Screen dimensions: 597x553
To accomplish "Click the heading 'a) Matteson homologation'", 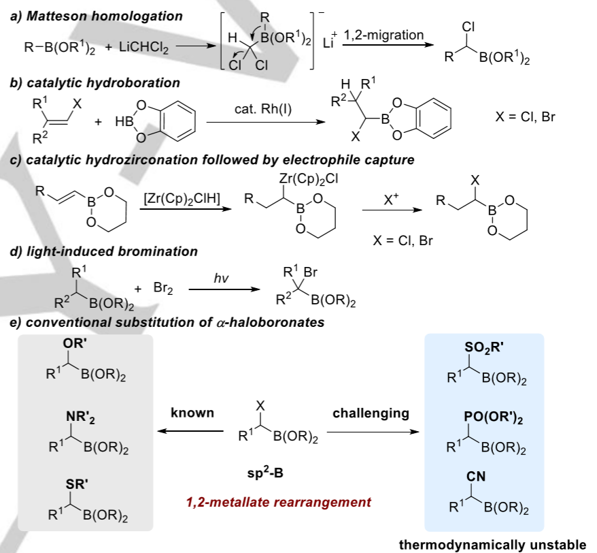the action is (97, 16).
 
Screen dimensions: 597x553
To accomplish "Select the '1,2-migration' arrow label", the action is (383, 35).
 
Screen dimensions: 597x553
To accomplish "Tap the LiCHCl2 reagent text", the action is (143, 47).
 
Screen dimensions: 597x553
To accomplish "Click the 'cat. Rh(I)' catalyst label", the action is (263, 109).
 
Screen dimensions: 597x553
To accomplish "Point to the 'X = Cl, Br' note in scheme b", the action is (525, 116).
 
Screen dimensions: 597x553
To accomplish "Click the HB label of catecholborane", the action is (124, 122).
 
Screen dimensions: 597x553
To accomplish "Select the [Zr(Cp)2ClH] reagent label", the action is (182, 199).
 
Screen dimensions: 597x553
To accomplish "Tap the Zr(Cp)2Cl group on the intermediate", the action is (309, 178).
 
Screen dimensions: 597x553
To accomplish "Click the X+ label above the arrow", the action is (391, 199).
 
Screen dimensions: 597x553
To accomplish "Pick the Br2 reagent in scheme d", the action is (163, 288).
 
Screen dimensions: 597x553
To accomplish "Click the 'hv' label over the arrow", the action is (221, 278).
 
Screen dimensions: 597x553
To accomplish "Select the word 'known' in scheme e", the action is (192, 412).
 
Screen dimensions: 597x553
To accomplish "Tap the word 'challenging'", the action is (371, 413).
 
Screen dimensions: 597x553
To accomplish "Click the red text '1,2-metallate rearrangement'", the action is (278, 502).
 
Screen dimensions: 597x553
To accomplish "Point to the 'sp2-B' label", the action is (265, 473).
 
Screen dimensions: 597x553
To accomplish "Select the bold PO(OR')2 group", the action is (493, 417).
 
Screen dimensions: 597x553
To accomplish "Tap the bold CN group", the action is (476, 476).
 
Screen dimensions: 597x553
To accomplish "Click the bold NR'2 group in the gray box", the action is (80, 417).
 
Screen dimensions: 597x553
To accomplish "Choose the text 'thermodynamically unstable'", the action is (492, 545).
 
